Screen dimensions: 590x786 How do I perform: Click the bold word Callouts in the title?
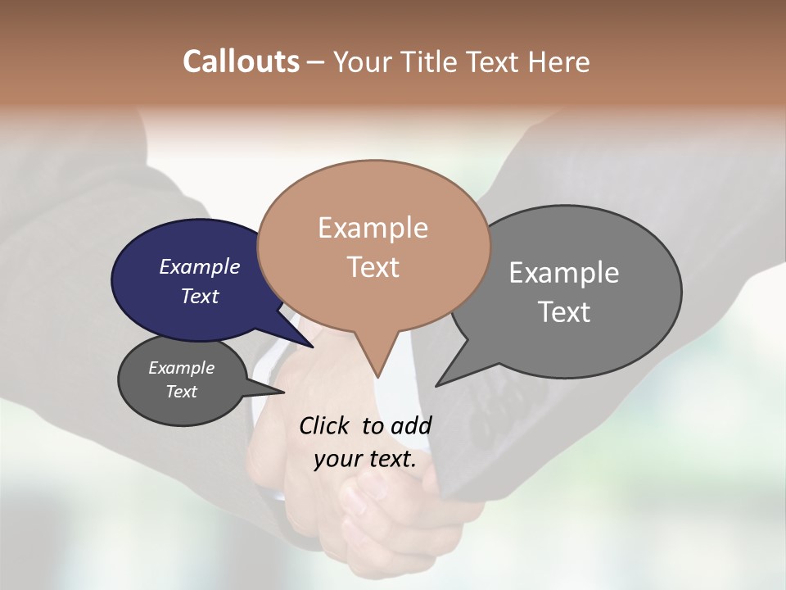pyautogui.click(x=241, y=61)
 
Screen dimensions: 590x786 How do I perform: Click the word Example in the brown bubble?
pyautogui.click(x=373, y=228)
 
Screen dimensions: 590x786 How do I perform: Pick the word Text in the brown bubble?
pyautogui.click(x=373, y=267)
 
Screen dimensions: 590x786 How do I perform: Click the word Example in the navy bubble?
pyautogui.click(x=200, y=266)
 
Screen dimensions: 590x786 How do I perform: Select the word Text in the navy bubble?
pyautogui.click(x=200, y=296)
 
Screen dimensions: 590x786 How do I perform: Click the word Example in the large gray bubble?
pyautogui.click(x=564, y=273)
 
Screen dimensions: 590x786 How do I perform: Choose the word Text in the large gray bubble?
pyautogui.click(x=564, y=312)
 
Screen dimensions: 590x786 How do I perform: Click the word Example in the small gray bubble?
pyautogui.click(x=182, y=368)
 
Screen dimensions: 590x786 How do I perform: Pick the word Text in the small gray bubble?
pyautogui.click(x=182, y=392)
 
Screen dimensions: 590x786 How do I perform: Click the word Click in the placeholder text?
pyautogui.click(x=326, y=425)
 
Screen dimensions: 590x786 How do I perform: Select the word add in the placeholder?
pyautogui.click(x=411, y=425)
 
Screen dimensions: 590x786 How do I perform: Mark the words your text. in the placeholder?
pyautogui.click(x=365, y=459)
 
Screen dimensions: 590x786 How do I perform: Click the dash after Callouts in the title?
pyautogui.click(x=316, y=62)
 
